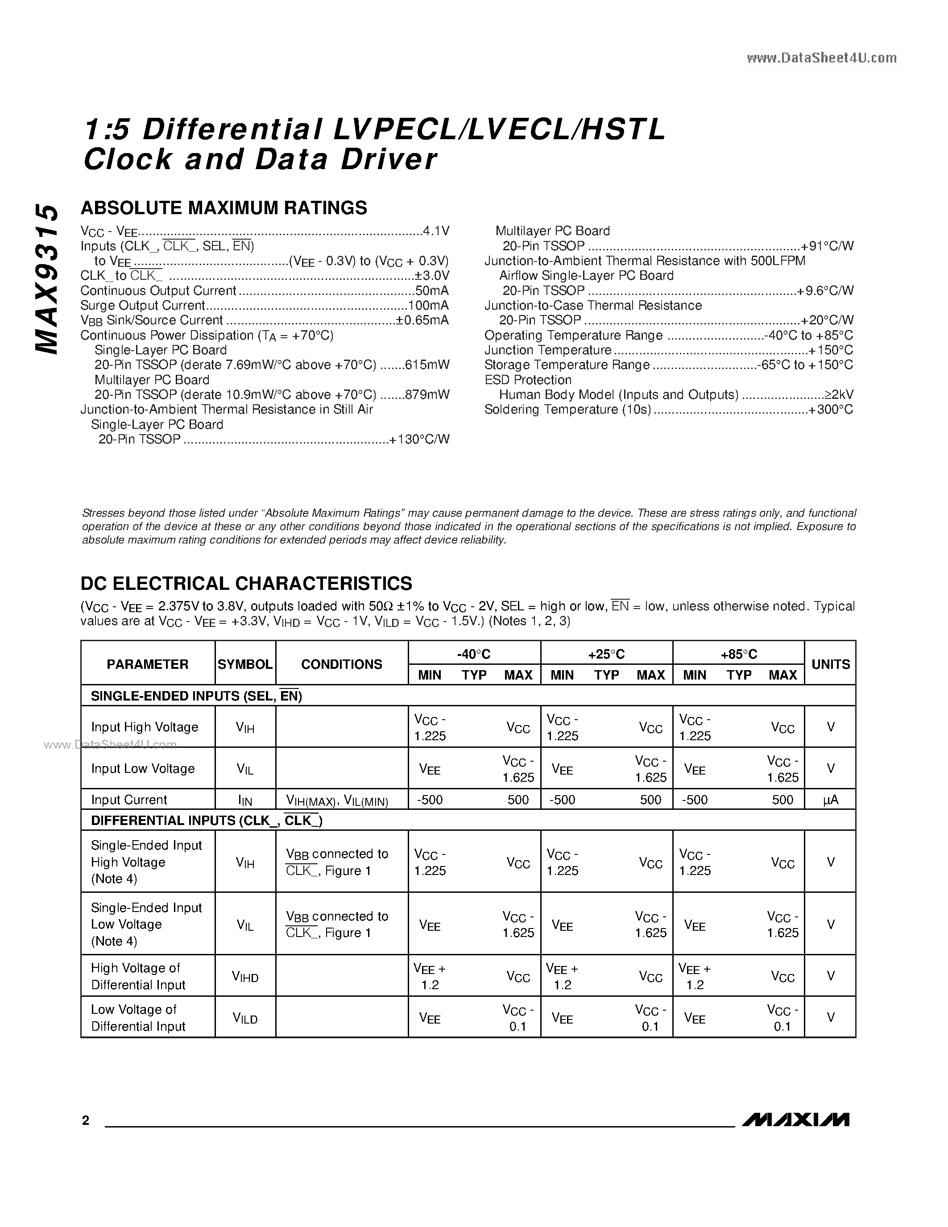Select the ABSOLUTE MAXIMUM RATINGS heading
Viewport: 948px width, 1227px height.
[x=224, y=208]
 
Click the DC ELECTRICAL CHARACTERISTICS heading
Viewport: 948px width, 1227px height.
[x=246, y=583]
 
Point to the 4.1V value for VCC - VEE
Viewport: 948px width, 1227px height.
[x=436, y=231]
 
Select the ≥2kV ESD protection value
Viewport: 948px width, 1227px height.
[x=839, y=394]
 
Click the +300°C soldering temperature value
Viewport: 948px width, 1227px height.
[x=831, y=410]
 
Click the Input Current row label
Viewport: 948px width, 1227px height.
[x=129, y=800]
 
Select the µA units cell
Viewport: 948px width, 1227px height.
[x=830, y=800]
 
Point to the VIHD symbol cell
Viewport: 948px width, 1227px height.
[x=245, y=977]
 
